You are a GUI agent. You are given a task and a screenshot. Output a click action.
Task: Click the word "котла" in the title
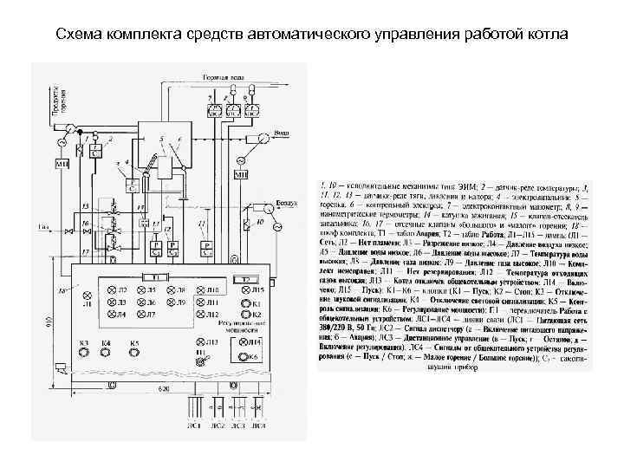click(x=547, y=35)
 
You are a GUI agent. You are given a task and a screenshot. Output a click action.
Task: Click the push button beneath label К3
click(x=84, y=355)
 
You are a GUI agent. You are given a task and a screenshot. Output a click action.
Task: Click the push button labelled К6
click(x=244, y=356)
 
